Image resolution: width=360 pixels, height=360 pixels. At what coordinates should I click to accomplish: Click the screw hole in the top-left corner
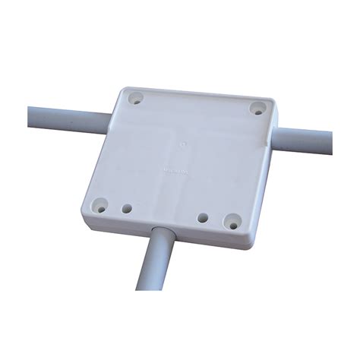coord(137,99)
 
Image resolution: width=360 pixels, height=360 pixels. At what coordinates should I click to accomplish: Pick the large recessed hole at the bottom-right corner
coord(230,222)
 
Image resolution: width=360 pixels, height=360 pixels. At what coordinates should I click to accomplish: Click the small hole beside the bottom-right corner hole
coord(203,218)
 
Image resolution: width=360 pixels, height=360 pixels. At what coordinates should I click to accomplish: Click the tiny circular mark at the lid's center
coord(182,141)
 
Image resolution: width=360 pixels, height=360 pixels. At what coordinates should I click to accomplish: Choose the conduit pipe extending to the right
coord(308,140)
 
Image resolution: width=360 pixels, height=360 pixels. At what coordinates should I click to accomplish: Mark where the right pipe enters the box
coord(282,135)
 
